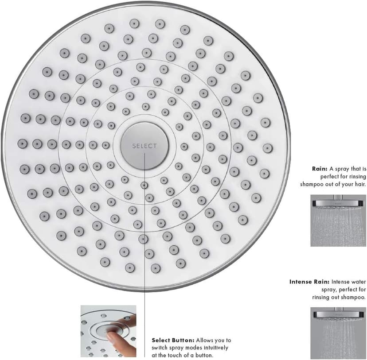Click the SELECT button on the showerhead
click(144, 146)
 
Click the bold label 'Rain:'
click(320, 169)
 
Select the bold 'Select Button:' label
click(173, 340)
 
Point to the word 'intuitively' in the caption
click(215, 348)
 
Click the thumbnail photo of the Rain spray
click(339, 221)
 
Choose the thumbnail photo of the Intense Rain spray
click(339, 333)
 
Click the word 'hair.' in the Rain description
click(360, 184)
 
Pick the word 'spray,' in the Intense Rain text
click(329, 290)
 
